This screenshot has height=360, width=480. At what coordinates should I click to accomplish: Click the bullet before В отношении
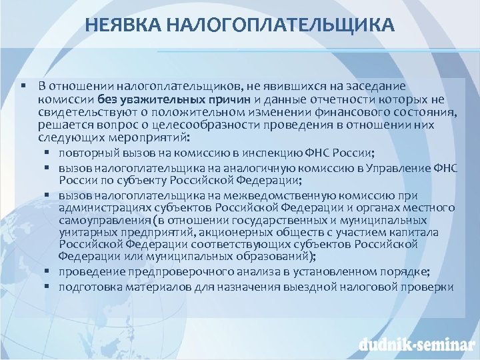point(23,87)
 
